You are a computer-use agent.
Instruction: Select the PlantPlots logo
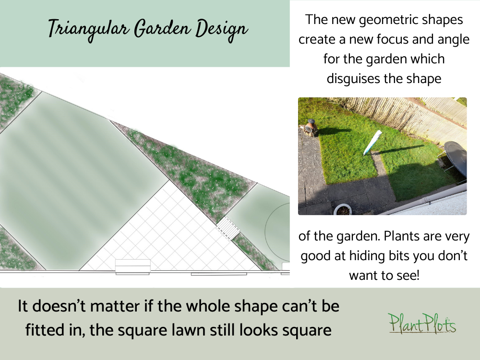422,323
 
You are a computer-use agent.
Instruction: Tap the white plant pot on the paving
343,209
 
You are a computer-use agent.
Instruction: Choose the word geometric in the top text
413,20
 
